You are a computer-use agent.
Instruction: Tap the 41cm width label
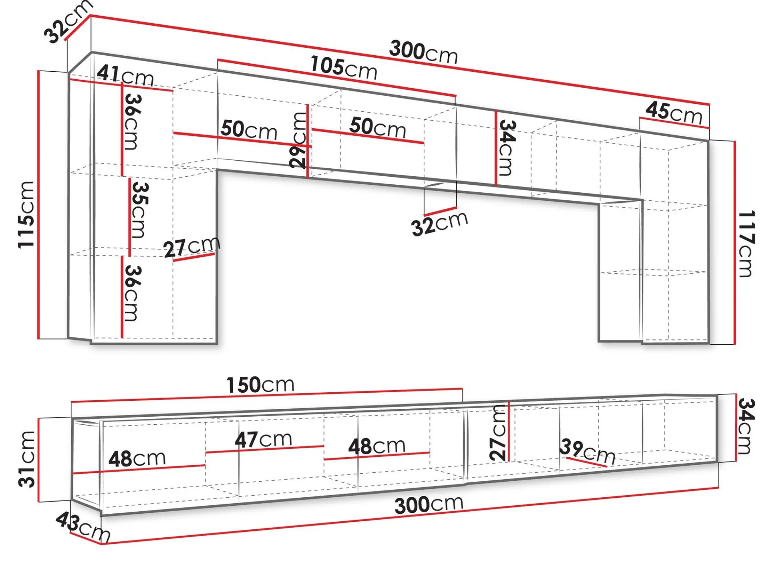[x=125, y=76]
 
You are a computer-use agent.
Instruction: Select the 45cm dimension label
[x=674, y=112]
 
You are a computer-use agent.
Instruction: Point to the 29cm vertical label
[x=299, y=140]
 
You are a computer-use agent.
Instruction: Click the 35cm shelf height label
[x=139, y=210]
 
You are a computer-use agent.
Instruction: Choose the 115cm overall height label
[x=26, y=214]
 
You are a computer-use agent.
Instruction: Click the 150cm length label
[x=260, y=385]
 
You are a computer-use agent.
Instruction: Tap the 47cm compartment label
[x=263, y=440]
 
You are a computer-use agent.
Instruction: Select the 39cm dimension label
[x=588, y=451]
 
